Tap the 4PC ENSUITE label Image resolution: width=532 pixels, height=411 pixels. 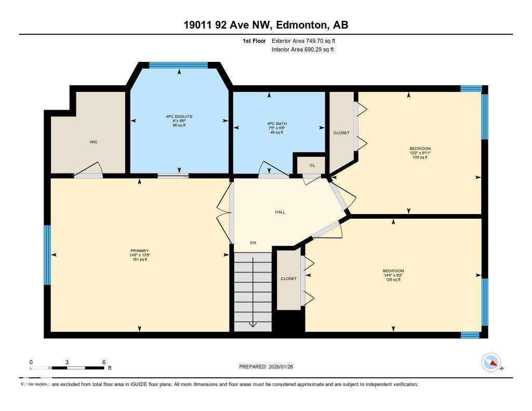179,116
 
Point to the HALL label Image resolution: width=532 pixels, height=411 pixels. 280,212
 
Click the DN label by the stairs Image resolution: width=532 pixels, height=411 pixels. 253,243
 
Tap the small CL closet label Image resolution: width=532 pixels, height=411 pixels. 312,165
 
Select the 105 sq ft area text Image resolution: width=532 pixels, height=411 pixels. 419,157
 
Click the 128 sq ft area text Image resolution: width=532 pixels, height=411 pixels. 393,280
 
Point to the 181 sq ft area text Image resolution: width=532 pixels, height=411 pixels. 139,260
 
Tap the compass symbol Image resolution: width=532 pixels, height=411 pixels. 491,363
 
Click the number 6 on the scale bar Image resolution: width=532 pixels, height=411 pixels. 104,362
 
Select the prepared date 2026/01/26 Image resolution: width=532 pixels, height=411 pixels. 284,367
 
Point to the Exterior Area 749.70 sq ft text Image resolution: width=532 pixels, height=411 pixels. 307,41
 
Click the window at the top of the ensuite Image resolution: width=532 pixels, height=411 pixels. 178,65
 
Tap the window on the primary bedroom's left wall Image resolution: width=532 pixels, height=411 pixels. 47,255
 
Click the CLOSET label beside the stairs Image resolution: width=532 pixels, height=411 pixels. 288,279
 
